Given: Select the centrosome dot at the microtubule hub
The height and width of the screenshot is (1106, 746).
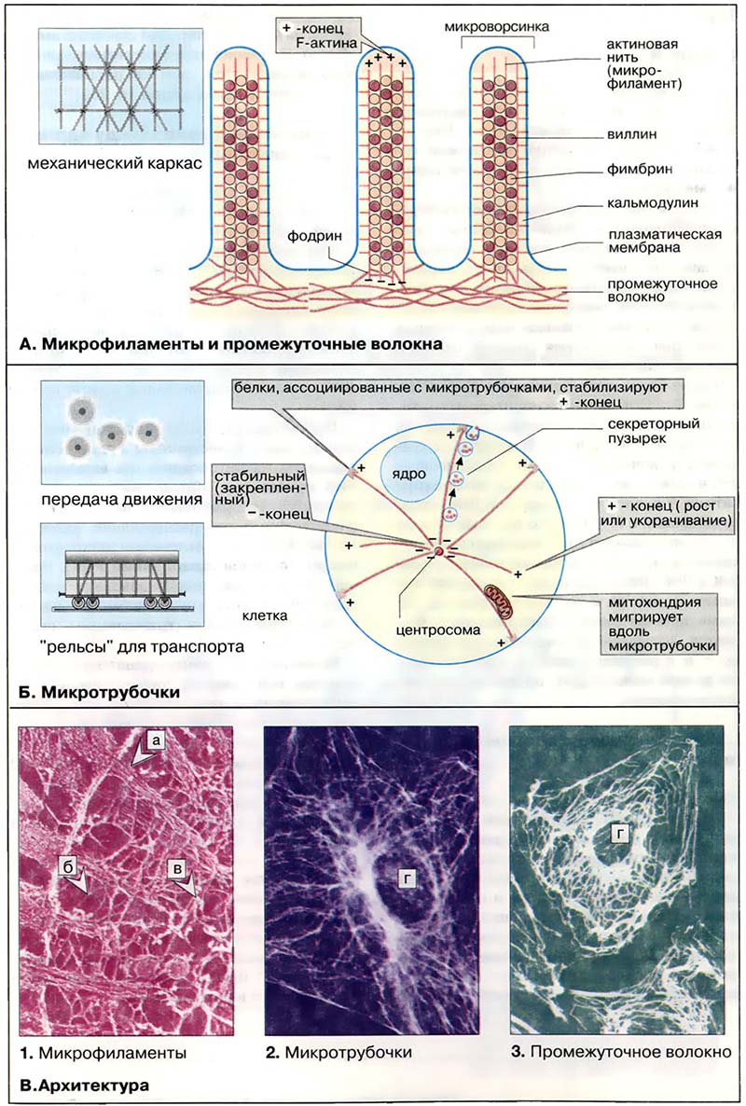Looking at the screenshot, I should (x=437, y=553).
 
